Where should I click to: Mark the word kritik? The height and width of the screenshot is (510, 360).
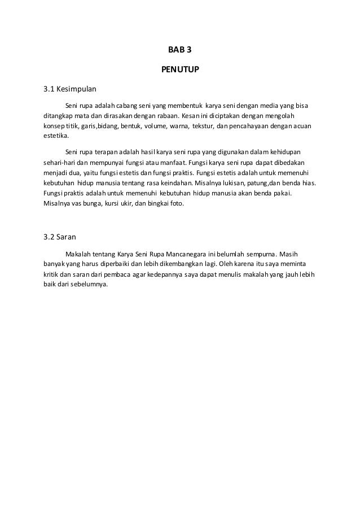[51, 274]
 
